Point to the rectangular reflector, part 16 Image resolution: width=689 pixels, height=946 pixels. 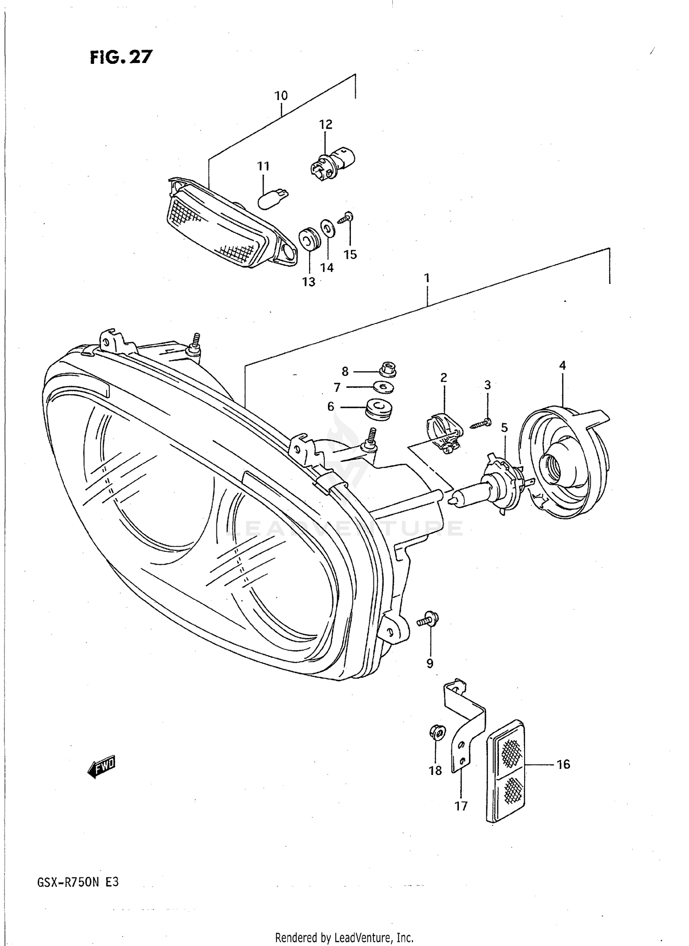(x=505, y=777)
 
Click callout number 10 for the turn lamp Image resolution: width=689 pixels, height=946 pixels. (x=281, y=96)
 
